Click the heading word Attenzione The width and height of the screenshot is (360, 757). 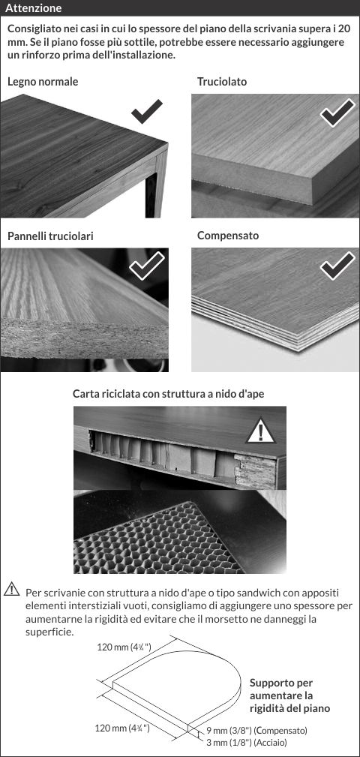(34, 8)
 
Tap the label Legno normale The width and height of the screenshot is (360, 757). (43, 82)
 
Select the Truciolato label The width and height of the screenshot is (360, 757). (222, 82)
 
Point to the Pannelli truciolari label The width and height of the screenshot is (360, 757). (51, 236)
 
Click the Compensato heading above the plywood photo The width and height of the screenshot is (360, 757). (228, 236)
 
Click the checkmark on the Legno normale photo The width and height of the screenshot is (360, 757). (147, 112)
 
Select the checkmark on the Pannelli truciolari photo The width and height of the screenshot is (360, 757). (147, 266)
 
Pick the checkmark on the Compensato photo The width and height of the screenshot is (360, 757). (337, 266)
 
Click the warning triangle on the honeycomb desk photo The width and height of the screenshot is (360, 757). (260, 430)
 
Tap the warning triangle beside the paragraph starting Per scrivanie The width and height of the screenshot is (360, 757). (11, 589)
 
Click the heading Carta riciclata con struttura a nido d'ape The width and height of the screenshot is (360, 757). (169, 393)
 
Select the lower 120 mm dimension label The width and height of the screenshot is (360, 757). (122, 728)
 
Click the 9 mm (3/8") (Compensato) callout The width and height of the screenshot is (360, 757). (256, 731)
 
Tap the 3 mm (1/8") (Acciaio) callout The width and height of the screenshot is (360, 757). (248, 741)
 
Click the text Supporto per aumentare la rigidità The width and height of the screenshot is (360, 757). (289, 695)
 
